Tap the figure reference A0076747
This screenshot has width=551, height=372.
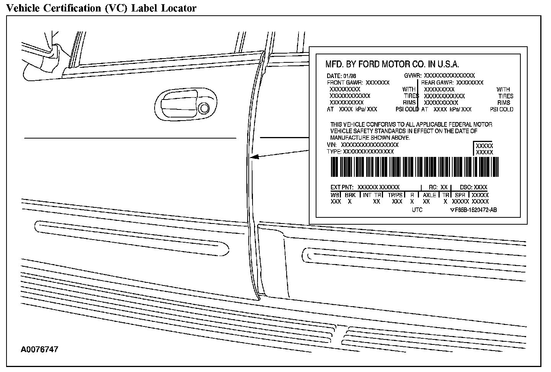tap(40, 349)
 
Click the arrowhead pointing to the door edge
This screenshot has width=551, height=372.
tap(253, 157)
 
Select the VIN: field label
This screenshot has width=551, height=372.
tap(332, 145)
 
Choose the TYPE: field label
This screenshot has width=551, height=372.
tap(334, 152)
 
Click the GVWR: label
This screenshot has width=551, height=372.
tap(412, 75)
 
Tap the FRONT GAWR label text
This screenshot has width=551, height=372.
tap(345, 82)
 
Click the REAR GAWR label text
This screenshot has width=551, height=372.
tap(437, 82)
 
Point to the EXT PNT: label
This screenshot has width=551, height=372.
tap(342, 188)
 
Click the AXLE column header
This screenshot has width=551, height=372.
tap(429, 195)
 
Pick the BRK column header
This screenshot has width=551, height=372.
tap(350, 195)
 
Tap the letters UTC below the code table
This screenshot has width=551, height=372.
tap(417, 210)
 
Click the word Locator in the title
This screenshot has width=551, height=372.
tap(179, 8)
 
